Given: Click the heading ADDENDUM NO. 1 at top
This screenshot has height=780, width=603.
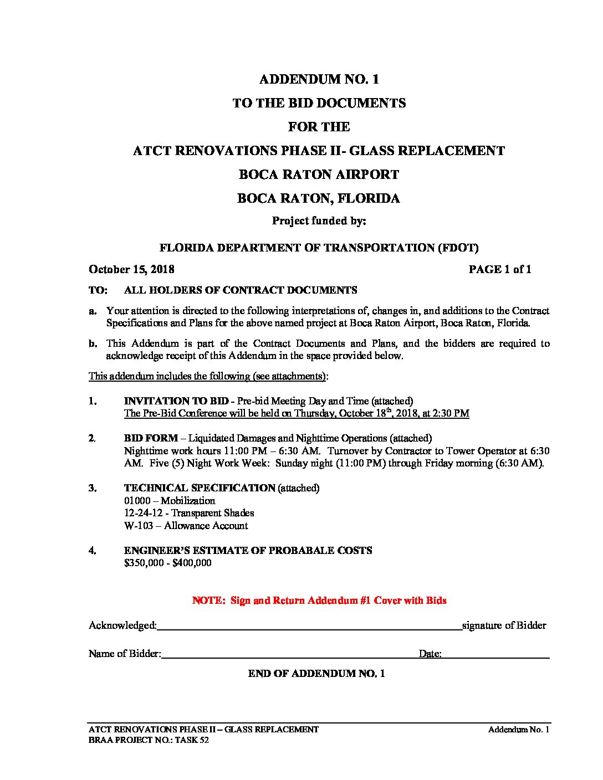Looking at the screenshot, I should [x=319, y=79].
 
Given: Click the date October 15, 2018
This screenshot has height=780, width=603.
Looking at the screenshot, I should [x=131, y=269].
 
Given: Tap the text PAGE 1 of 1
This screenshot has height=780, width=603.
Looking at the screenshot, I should [x=499, y=269].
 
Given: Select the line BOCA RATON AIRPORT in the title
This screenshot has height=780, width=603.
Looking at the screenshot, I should [x=319, y=175].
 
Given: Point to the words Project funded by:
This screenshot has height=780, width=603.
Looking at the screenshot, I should [x=319, y=221].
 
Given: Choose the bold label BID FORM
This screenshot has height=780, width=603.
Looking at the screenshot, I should [x=151, y=438].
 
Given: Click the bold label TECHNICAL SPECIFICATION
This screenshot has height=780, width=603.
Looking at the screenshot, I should [x=200, y=488].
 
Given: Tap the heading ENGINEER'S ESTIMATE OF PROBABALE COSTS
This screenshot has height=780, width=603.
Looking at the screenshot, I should [x=248, y=551].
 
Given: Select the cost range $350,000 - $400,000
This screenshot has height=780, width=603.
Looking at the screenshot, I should [x=167, y=563].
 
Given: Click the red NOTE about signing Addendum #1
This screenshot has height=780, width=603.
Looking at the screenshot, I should [x=319, y=601].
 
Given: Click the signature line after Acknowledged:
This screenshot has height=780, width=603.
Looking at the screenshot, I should [x=309, y=627].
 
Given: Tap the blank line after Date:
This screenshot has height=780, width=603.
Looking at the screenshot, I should [x=495, y=655].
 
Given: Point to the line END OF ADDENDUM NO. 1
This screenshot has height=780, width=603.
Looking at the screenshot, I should [x=316, y=674].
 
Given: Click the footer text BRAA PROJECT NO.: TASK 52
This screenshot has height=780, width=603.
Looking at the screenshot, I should [x=149, y=741].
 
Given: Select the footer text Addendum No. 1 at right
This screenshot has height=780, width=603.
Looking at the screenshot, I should [x=518, y=730].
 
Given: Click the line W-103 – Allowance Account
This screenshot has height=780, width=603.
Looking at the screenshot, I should [x=186, y=526].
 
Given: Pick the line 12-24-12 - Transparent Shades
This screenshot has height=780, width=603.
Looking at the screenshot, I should [x=189, y=513].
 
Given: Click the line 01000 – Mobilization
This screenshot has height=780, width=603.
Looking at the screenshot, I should [x=170, y=501].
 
